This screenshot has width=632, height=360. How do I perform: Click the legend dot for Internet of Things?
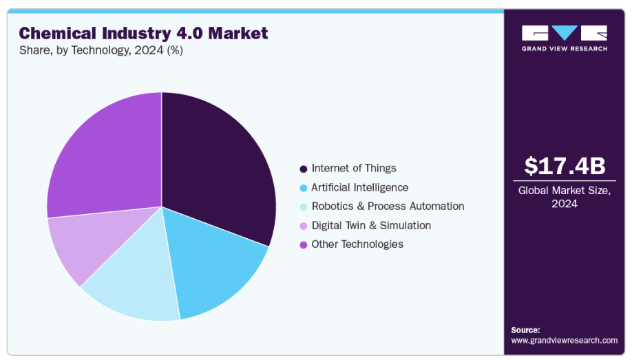pyautogui.click(x=304, y=169)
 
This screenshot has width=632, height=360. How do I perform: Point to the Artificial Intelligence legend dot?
pyautogui.click(x=304, y=188)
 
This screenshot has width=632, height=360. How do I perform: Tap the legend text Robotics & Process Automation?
pyautogui.click(x=388, y=207)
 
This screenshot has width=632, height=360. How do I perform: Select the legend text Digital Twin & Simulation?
pyautogui.click(x=371, y=226)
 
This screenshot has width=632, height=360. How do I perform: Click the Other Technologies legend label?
pyautogui.click(x=357, y=244)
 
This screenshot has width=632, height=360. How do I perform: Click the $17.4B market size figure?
pyautogui.click(x=565, y=166)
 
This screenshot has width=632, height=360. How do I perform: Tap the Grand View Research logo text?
pyautogui.click(x=565, y=49)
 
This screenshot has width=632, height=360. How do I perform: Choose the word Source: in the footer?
pyautogui.click(x=525, y=330)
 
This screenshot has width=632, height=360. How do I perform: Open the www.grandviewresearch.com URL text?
pyautogui.click(x=564, y=340)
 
